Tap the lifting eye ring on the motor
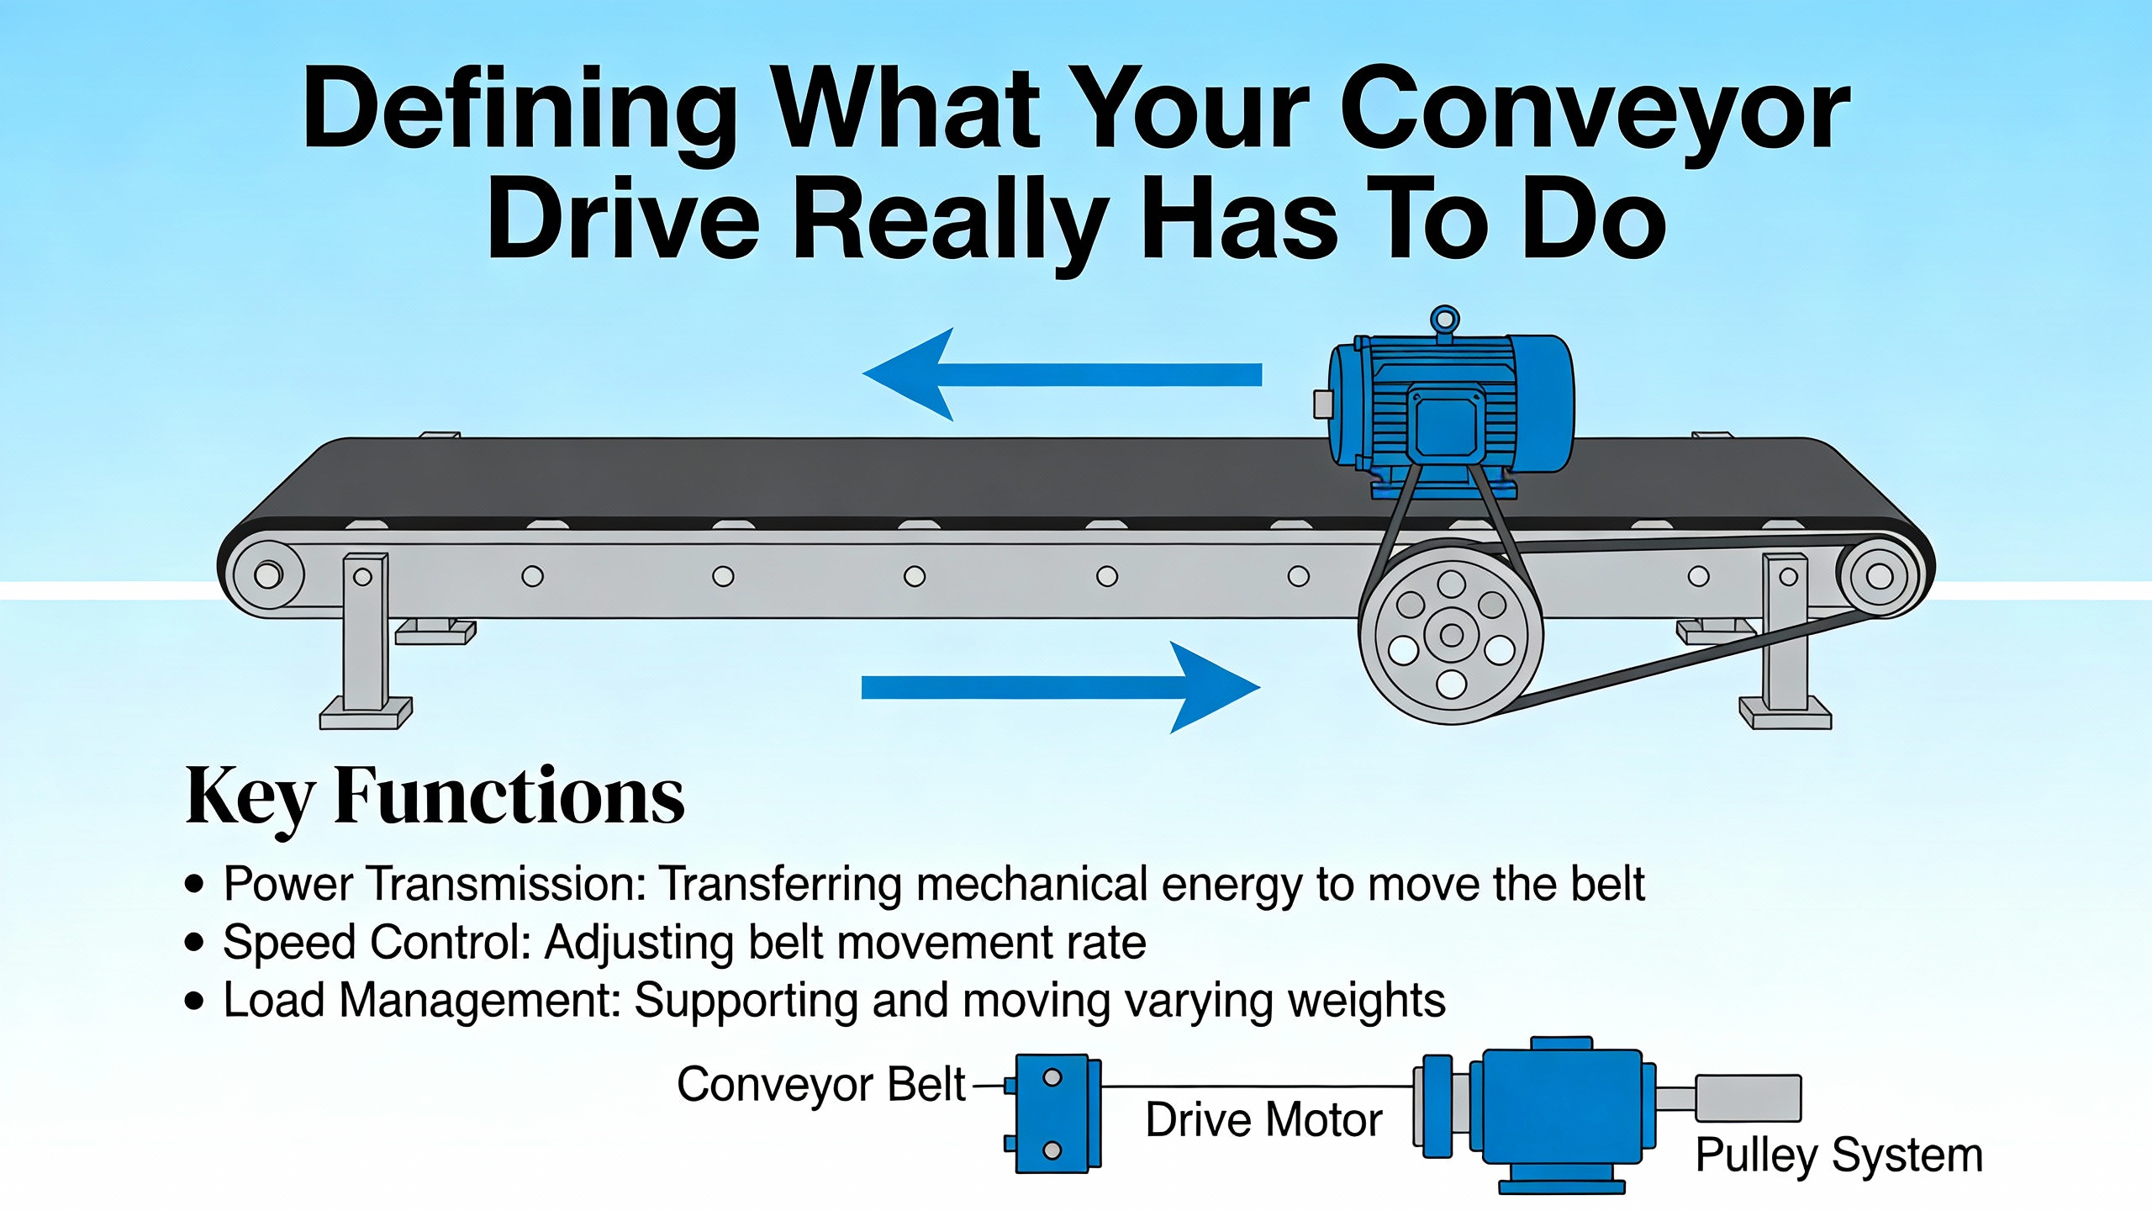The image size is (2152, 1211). tap(1444, 320)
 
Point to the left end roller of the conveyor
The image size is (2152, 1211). tap(267, 576)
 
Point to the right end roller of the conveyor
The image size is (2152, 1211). tap(1878, 577)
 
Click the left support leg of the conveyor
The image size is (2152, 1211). tap(366, 639)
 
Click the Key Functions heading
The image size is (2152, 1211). tap(435, 796)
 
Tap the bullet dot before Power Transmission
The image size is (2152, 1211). tap(195, 885)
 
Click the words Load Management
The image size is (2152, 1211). tap(421, 1001)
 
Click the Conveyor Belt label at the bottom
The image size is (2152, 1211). tap(820, 1085)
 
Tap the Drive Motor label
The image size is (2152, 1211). tap(1263, 1120)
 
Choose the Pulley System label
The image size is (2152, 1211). tap(1838, 1155)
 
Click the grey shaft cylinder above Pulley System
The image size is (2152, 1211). tap(1747, 1098)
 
